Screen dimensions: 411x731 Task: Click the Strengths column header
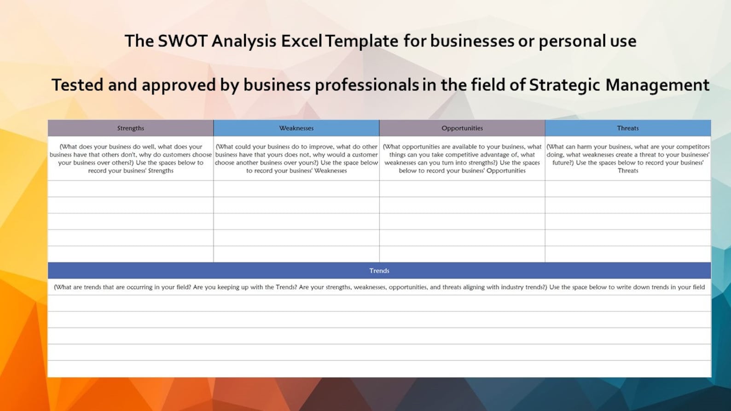tap(131, 128)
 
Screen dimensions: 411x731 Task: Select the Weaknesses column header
tap(296, 128)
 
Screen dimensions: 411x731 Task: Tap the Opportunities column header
tap(462, 128)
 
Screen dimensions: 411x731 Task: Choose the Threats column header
tap(628, 128)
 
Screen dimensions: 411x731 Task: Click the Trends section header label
tap(379, 271)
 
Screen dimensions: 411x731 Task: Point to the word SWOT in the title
tap(183, 41)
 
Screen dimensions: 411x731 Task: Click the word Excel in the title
tap(302, 41)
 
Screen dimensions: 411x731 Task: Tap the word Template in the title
tap(362, 41)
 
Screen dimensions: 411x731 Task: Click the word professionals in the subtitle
tap(367, 85)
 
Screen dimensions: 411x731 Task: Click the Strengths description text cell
tap(131, 158)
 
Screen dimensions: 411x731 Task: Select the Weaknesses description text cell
tap(296, 158)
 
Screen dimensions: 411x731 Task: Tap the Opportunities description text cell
tap(462, 158)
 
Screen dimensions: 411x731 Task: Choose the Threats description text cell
tap(628, 158)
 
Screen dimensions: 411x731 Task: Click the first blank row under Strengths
tap(131, 189)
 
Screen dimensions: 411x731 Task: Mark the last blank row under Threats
tap(628, 254)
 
